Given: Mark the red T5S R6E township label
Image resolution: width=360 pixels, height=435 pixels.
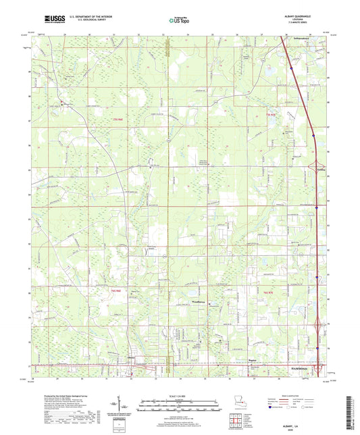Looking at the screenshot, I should pos(119,119).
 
